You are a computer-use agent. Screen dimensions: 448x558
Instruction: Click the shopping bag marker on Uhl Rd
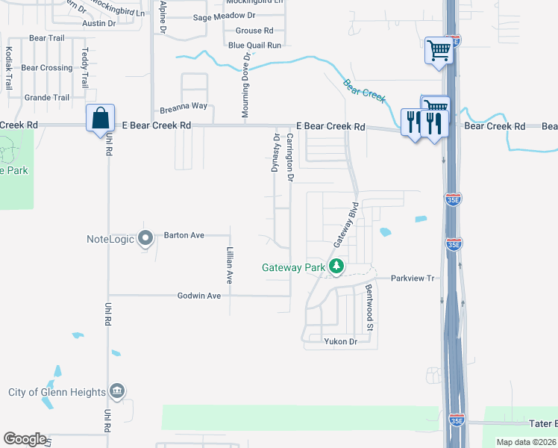coord(100,119)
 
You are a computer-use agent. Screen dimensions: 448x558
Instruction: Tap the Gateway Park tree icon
coord(337,266)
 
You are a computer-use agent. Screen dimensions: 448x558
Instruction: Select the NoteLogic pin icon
coord(146,238)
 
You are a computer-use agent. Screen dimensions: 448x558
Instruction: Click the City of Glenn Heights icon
coord(117,391)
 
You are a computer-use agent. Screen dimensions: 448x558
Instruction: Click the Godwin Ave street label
coord(199,296)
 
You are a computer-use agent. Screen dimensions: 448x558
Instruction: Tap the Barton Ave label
coord(184,235)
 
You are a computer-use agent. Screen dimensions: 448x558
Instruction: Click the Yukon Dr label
coord(341,341)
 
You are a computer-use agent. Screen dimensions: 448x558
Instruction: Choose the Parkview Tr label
coord(413,278)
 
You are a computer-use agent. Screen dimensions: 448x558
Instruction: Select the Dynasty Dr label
coord(276,153)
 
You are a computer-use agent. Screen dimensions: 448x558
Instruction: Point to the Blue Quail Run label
coord(254,46)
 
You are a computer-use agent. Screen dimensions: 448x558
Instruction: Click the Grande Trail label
coord(47,98)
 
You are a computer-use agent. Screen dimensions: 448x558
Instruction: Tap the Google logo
coord(25,439)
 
